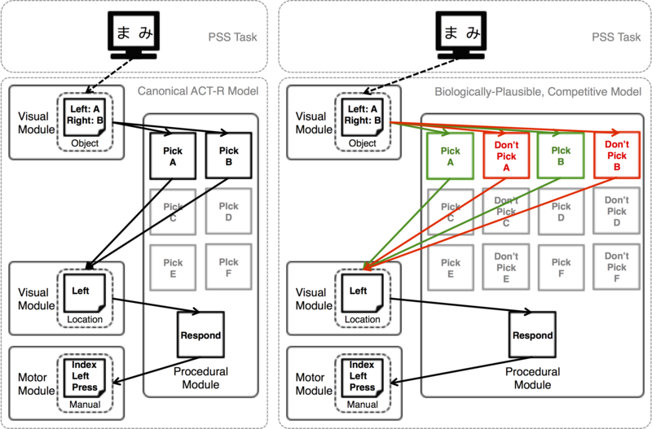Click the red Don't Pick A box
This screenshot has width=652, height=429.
506,155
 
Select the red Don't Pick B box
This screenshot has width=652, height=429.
617,155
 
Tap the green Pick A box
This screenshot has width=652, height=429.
451,156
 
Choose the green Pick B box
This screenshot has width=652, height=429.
561,155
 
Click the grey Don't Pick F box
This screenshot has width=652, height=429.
616,267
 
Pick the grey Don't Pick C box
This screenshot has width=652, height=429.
506,211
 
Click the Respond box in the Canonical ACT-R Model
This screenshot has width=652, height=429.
200,335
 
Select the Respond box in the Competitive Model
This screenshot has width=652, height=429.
533,335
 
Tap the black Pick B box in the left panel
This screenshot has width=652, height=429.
229,155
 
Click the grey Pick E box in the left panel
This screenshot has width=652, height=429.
173,268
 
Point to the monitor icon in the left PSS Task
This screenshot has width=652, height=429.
134,35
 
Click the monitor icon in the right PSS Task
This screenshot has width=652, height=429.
460,35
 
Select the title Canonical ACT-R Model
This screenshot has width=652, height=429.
198,91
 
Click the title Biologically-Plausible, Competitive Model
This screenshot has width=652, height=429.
538,91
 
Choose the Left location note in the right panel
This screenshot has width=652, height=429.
362,293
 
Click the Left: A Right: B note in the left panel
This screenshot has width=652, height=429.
85,117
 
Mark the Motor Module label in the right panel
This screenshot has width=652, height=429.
314,383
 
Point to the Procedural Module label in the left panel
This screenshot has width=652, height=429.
200,378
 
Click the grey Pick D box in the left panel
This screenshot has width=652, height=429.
229,212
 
